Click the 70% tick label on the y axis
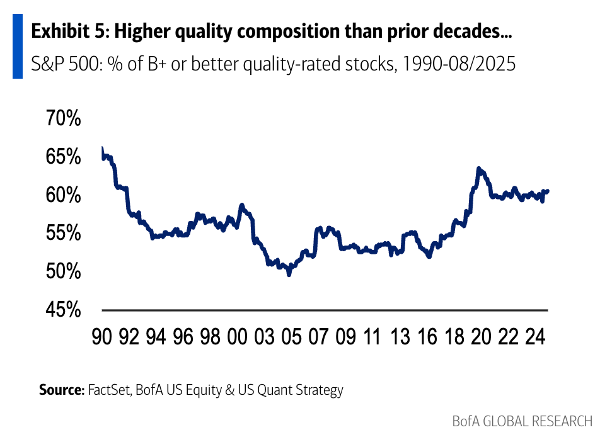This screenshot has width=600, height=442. (x=63, y=118)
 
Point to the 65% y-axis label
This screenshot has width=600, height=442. (x=63, y=157)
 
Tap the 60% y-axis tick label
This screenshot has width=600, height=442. (x=63, y=195)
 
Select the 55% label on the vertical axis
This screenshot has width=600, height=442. (x=63, y=234)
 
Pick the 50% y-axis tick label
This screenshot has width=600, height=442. (x=63, y=272)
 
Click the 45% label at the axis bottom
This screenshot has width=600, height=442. (x=63, y=310)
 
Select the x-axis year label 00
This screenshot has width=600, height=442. (x=238, y=337)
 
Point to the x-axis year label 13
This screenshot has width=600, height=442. (x=399, y=337)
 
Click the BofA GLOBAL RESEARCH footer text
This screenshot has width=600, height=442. (x=522, y=421)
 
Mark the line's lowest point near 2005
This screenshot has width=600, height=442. (x=289, y=275)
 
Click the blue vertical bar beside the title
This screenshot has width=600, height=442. (x=18, y=47)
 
